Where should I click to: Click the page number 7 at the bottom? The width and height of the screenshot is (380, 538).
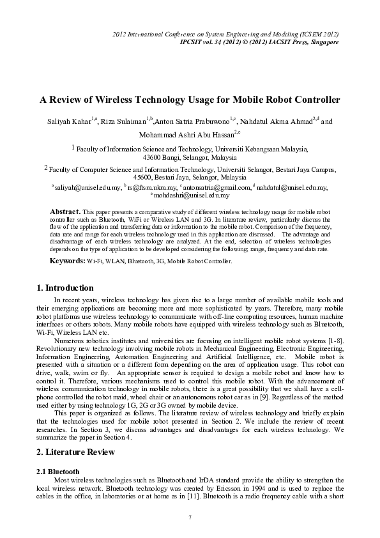(x=190, y=516)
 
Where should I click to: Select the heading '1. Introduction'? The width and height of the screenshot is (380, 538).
(x=66, y=288)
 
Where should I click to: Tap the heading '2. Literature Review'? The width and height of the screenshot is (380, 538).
(x=76, y=452)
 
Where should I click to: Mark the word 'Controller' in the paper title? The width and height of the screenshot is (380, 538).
(x=314, y=100)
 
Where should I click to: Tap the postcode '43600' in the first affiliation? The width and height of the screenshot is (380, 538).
(x=154, y=157)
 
